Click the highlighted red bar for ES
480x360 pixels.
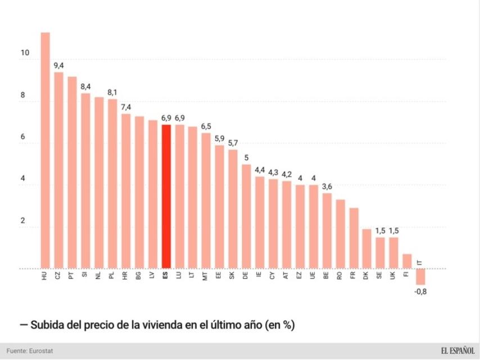[x=166, y=197]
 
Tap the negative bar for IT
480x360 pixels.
[x=420, y=276]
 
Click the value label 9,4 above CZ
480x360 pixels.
[x=58, y=65]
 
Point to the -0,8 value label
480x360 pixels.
[x=420, y=291]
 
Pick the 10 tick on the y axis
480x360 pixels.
[x=24, y=53]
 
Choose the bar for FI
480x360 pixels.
[x=407, y=262]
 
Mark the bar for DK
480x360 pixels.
[x=366, y=249]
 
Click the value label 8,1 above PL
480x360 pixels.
[x=112, y=92]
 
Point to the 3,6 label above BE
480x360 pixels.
[x=327, y=187]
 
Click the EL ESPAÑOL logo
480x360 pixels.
[x=457, y=351]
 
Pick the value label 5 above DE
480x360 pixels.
[x=246, y=158]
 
